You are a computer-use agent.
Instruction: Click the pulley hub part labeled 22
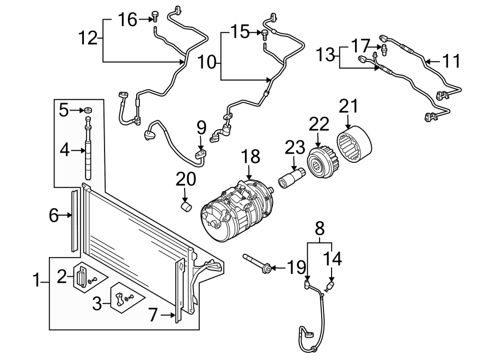[x=320, y=161]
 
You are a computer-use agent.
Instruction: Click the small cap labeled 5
[x=87, y=111]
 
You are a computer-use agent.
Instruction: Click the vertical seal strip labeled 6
[x=74, y=221]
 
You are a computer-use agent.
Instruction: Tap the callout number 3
[x=96, y=303]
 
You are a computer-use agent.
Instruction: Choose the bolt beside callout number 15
[x=265, y=34]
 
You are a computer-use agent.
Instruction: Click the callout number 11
[x=451, y=61]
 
